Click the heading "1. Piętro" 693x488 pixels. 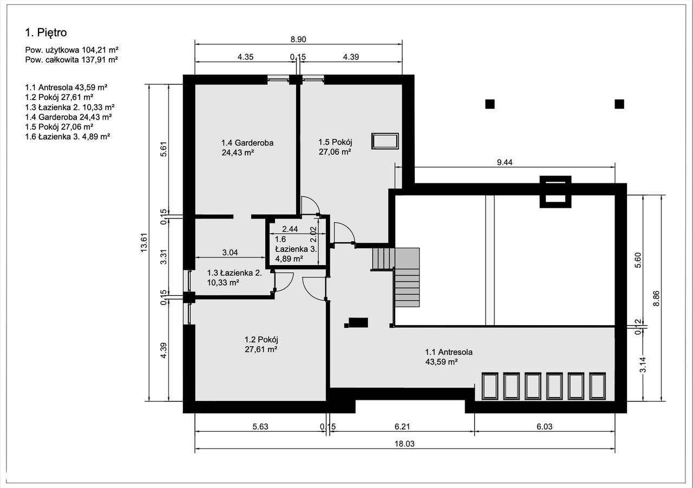point(46,33)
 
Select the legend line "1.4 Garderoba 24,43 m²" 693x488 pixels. point(68,117)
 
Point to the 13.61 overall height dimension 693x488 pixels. point(143,243)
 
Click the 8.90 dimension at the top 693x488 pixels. point(299,39)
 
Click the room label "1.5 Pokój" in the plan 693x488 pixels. point(335,142)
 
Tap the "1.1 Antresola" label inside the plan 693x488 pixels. point(449,352)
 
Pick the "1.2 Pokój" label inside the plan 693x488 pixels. point(261,340)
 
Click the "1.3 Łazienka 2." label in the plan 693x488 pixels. point(234,273)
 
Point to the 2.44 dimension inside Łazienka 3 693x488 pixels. point(290,229)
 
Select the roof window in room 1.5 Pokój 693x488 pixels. point(385,141)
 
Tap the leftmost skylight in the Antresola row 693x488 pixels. point(490,386)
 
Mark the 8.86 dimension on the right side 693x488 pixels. point(656,298)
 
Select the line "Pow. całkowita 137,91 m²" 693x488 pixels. point(71,60)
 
